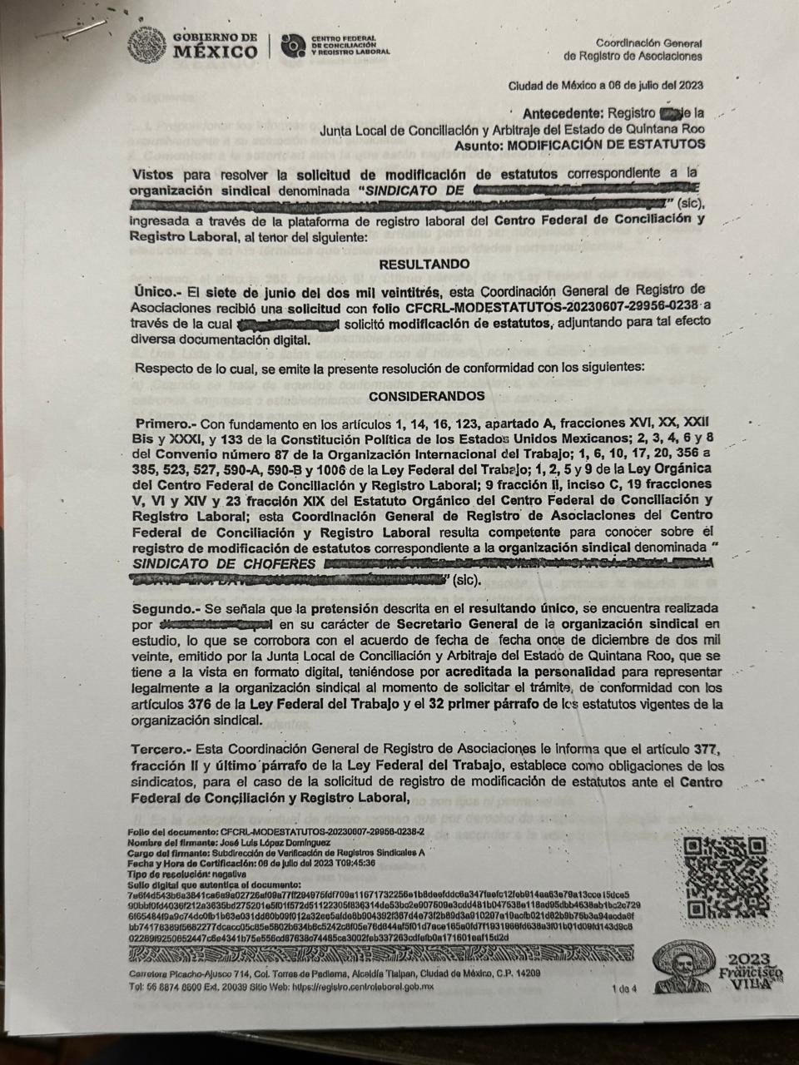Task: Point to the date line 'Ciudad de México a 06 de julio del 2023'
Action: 606,85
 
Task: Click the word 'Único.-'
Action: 156,291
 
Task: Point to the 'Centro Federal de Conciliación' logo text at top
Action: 343,46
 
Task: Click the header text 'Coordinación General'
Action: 648,43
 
